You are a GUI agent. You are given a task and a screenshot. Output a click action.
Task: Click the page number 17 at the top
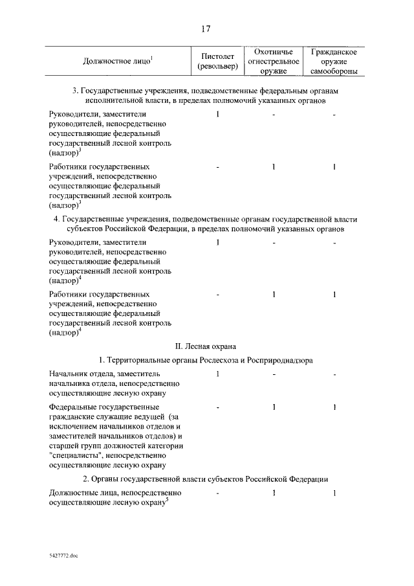206,28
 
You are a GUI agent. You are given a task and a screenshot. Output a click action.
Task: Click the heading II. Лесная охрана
206,346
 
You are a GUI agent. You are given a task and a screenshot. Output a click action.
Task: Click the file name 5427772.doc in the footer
63,556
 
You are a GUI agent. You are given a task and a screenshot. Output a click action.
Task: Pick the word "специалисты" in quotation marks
75,455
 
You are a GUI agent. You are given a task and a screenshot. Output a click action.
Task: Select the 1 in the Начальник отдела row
218,374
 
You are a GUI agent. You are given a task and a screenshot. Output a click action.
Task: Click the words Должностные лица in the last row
82,493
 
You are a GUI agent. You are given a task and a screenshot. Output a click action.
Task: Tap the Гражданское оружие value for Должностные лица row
334,493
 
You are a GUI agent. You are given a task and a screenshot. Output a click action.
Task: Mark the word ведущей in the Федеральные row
144,416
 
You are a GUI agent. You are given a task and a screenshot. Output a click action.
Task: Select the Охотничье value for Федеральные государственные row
274,407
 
